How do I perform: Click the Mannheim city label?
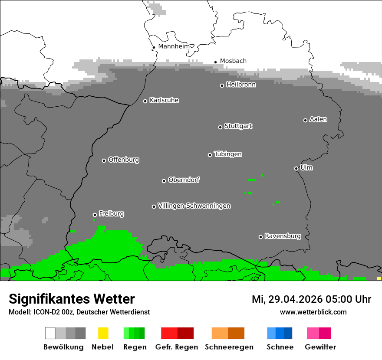click(x=174, y=46)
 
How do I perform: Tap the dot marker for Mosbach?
click(x=215, y=62)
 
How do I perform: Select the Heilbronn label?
click(x=241, y=85)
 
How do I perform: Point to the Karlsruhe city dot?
click(x=145, y=101)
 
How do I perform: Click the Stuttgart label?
click(x=238, y=126)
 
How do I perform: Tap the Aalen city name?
click(x=318, y=119)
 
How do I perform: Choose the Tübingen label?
click(x=228, y=154)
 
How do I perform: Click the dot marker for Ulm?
click(x=296, y=168)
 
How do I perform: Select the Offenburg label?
click(x=124, y=160)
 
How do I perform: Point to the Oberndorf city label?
click(x=184, y=180)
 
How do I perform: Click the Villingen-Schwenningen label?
click(x=194, y=206)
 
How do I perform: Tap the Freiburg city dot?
click(x=95, y=215)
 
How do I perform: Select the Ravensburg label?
click(x=283, y=236)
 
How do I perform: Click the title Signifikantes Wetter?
click(x=72, y=299)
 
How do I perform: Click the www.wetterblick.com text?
click(x=313, y=312)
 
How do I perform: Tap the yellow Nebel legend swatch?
click(x=103, y=333)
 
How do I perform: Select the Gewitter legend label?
click(x=320, y=347)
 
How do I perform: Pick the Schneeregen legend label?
click(x=229, y=347)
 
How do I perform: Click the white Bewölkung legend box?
click(x=50, y=333)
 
